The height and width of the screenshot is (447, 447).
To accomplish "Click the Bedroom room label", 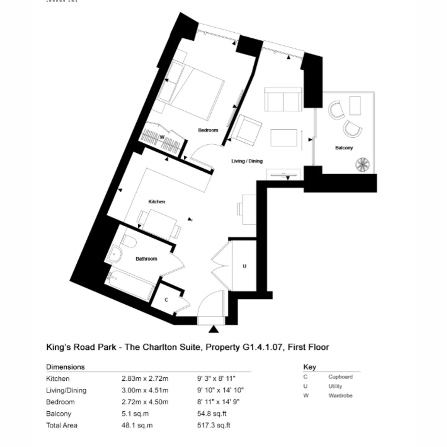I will (x=208, y=130).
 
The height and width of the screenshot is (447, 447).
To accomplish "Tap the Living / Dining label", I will (x=247, y=161).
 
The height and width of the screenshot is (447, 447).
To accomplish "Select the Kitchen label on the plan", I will (x=156, y=202).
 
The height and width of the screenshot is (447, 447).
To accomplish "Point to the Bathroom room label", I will (x=146, y=259).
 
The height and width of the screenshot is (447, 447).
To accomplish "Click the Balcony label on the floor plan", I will (x=344, y=148).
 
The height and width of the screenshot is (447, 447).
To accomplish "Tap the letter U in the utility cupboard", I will (x=244, y=266).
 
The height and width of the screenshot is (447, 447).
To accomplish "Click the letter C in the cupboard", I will (x=166, y=300).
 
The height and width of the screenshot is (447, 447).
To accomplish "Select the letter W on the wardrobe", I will (x=162, y=137).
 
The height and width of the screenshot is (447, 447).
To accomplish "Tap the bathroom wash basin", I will (x=114, y=254).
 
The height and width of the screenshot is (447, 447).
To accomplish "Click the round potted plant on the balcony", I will (x=362, y=164).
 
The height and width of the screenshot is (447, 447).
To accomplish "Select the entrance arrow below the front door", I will (x=213, y=329).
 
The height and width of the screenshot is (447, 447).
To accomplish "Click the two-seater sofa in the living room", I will (x=283, y=99).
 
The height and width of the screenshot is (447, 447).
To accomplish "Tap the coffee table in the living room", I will (x=284, y=138).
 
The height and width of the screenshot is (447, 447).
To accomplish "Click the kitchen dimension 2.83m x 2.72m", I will (x=145, y=378).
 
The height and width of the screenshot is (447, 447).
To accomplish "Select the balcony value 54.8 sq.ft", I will (x=212, y=413).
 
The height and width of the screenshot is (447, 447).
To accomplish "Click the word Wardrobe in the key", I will (x=340, y=396).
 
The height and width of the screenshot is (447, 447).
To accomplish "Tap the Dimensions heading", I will (x=65, y=367).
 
